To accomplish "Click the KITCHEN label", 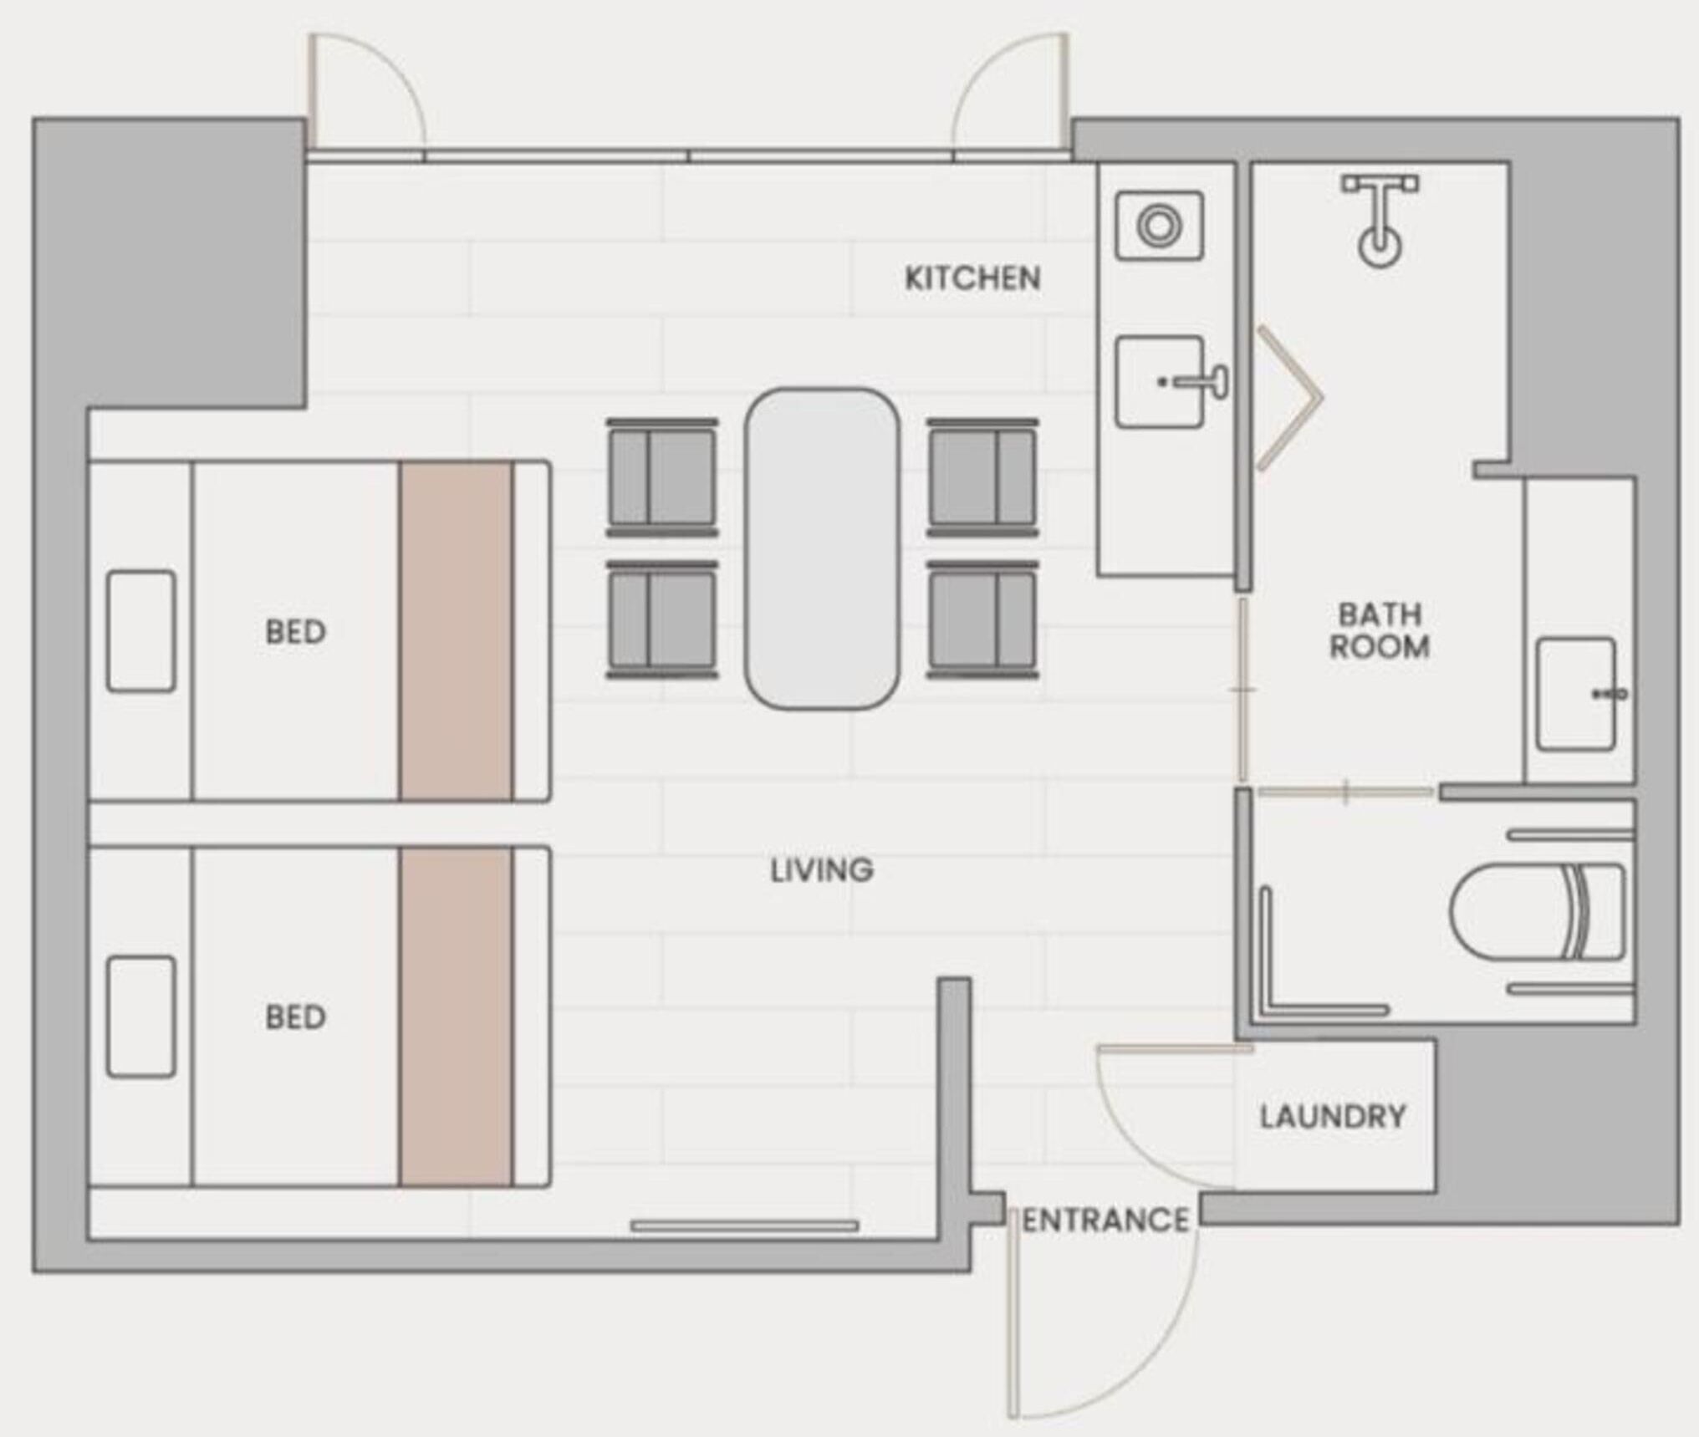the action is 972,278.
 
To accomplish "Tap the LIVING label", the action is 822,870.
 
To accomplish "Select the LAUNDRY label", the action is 1333,1117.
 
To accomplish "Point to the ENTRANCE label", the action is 1105,1220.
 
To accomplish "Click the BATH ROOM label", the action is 1380,630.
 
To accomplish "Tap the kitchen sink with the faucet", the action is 1170,382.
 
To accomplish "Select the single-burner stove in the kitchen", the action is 1160,225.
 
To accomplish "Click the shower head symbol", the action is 1380,220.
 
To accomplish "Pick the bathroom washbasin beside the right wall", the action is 1579,694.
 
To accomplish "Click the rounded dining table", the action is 823,549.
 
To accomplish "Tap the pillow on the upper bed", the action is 141,631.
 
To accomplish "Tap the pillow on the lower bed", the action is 141,1017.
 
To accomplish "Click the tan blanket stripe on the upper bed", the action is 456,631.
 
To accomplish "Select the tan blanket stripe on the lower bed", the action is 456,1017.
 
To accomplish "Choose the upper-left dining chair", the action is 662,477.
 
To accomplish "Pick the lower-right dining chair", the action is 982,619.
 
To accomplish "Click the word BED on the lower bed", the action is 295,1017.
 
